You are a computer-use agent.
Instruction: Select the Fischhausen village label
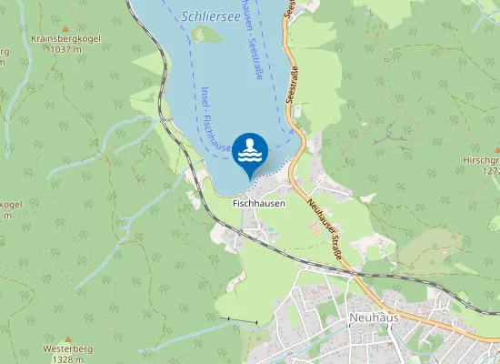pos(259,204)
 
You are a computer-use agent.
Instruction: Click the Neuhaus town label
pos(373,318)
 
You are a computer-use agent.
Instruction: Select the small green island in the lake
pos(206,35)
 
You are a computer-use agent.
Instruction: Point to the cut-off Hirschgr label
pos(482,159)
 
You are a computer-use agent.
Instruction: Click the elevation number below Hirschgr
pos(489,170)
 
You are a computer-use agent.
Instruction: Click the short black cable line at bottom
pos(243,322)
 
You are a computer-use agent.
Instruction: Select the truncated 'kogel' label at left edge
pos(10,205)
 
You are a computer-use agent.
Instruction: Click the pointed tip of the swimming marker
pos(250,177)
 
